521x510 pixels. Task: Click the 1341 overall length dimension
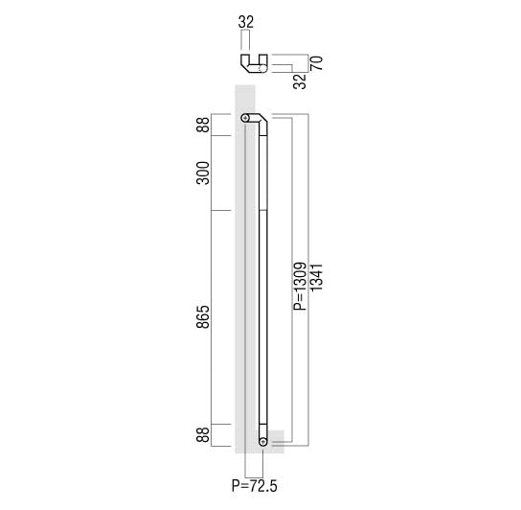coord(316,277)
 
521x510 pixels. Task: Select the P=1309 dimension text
coord(300,286)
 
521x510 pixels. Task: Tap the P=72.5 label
coord(254,486)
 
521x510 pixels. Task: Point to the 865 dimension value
coord(203,316)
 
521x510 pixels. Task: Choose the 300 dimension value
coord(203,173)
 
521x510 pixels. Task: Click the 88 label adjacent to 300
coord(203,125)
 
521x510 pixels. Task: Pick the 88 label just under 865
coord(203,434)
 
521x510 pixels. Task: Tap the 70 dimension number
coord(316,63)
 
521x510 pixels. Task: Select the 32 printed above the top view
coord(246,22)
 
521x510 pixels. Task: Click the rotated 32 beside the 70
coord(300,81)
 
